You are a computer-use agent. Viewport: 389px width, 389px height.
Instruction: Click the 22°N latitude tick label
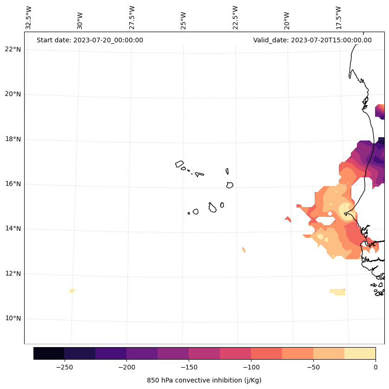point(13,49)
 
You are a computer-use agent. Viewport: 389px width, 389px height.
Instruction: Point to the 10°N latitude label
point(13,319)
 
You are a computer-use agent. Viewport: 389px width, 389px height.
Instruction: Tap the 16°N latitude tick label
point(13,184)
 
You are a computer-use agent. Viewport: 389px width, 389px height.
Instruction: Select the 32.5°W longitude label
point(28,18)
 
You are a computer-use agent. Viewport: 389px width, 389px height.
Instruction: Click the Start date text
point(90,40)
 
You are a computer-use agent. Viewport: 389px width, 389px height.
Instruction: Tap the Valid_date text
point(312,40)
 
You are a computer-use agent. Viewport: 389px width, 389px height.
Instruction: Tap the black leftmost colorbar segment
point(49,354)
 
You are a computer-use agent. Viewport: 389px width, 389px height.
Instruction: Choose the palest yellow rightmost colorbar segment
point(360,354)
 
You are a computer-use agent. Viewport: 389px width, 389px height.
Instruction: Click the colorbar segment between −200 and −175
point(142,354)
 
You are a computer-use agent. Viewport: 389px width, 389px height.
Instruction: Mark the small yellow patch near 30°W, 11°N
point(72,291)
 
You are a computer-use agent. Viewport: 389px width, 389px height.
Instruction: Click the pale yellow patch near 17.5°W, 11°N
point(338,292)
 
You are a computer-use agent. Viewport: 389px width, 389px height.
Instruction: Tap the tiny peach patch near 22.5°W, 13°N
point(244,250)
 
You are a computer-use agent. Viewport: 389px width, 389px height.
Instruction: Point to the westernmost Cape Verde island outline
point(179,164)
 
